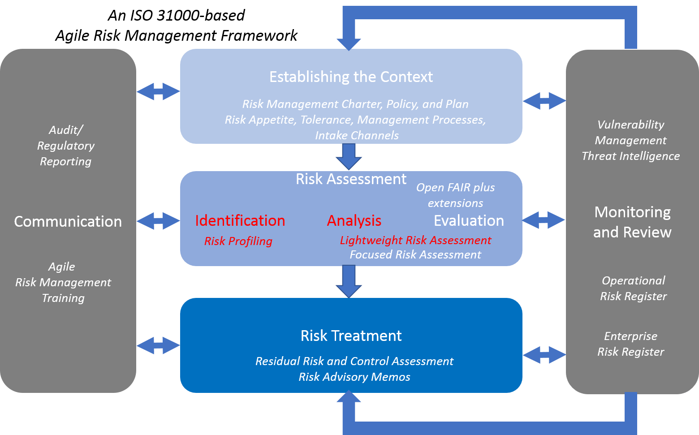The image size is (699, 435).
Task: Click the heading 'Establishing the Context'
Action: coord(351,77)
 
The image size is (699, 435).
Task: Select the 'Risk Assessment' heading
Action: coord(351,179)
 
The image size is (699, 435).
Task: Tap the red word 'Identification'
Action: coord(240,220)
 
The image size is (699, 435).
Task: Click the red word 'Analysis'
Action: coord(354,220)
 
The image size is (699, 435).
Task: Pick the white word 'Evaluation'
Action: coord(469,220)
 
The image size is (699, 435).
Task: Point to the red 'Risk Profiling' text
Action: coord(238,241)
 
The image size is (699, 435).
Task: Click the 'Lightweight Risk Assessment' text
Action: coord(415,240)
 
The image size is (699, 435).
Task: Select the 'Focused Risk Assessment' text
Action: coord(415,254)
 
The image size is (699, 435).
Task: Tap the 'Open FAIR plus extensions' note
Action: coord(455,195)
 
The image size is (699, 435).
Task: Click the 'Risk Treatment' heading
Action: coord(351,336)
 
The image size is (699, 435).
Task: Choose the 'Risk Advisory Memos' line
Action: coord(354,377)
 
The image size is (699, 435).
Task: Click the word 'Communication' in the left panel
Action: coord(68,221)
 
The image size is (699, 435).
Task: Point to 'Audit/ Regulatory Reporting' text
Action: coord(65,146)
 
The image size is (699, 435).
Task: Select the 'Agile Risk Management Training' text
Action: coord(63,282)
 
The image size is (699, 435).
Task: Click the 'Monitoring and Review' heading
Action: coord(632,222)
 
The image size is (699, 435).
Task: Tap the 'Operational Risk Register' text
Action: coord(633,288)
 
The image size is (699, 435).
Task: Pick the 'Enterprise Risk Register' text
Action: coord(630,344)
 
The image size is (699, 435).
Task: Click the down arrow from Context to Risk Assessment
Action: coord(349,157)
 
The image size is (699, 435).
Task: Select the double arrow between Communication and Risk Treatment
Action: coord(158,345)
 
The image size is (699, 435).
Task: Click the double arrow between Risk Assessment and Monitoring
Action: coord(544,220)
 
